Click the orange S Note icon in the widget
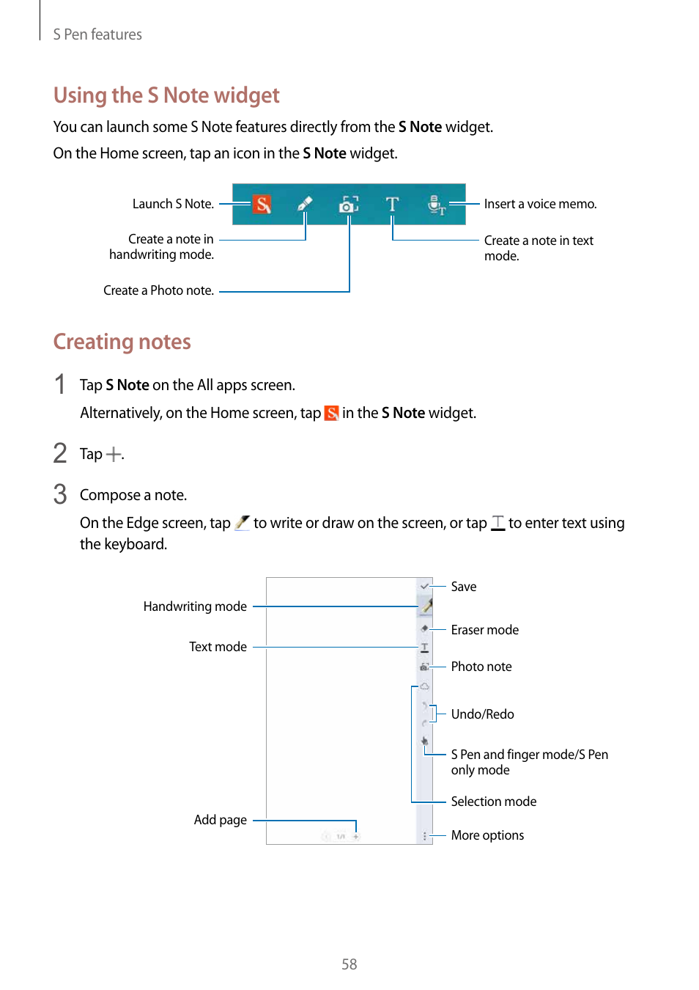coord(262,204)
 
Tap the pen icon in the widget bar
coord(305,204)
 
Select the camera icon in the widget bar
coord(349,205)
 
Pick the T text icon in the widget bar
coord(393,204)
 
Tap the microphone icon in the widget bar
coord(436,205)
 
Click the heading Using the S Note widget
coord(166,95)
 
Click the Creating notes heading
coord(122,342)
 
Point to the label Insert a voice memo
coord(540,204)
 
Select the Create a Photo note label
coord(158,290)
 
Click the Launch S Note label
coord(173,204)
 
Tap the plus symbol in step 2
coord(113,455)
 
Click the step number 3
coord(60,494)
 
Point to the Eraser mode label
coord(484,630)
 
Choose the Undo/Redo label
coord(482,714)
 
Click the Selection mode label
coord(493,802)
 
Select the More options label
coord(487,835)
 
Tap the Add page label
coord(220,820)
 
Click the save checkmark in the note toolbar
coord(424,586)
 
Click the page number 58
coord(349,964)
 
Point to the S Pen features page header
coord(97,34)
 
